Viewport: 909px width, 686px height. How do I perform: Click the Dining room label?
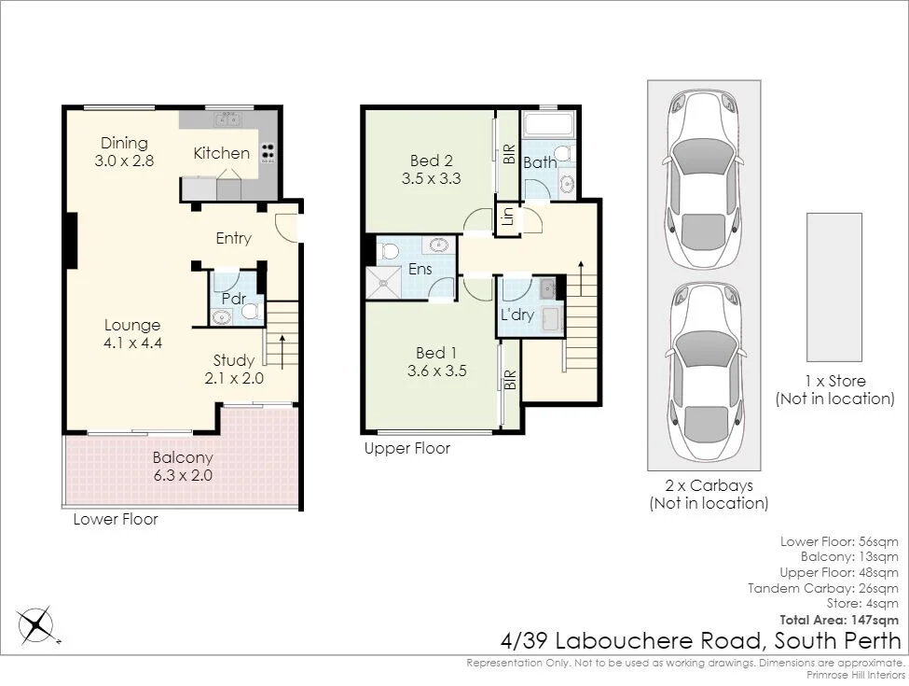point(124,143)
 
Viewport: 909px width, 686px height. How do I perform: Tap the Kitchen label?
point(222,153)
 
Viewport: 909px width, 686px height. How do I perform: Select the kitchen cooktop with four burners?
point(268,153)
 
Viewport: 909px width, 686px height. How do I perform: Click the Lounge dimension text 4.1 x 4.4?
point(132,343)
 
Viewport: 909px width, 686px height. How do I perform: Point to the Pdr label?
point(234,299)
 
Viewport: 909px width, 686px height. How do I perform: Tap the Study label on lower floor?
point(234,360)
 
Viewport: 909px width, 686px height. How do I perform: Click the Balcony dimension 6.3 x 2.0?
point(183,476)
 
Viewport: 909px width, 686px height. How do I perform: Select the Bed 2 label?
point(432,161)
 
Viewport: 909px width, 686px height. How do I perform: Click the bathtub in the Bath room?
point(548,124)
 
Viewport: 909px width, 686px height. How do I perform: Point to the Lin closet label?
point(508,217)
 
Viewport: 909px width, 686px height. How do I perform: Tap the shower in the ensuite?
point(383,283)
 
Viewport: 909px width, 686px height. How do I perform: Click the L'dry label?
point(517,315)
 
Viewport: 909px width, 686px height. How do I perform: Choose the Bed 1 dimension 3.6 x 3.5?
point(437,371)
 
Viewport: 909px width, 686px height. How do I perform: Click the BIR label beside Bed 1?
point(510,380)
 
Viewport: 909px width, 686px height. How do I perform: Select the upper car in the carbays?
point(704,179)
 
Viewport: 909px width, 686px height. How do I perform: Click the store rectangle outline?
point(834,287)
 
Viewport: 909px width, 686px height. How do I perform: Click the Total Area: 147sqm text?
point(839,620)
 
